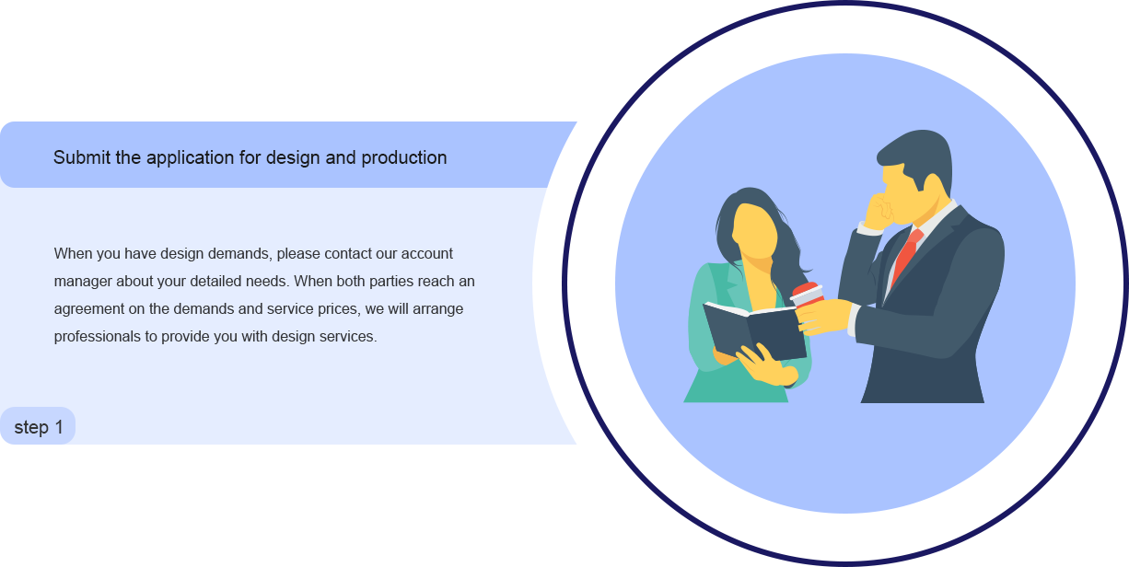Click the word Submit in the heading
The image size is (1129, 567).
pyautogui.click(x=82, y=157)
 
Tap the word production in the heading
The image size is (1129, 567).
pyautogui.click(x=403, y=158)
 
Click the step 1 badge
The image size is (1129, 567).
pyautogui.click(x=38, y=426)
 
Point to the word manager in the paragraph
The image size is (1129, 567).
pyautogui.click(x=83, y=282)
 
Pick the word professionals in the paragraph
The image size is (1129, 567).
pyautogui.click(x=97, y=337)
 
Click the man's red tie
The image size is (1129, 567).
pyautogui.click(x=907, y=256)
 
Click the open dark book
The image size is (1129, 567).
pyautogui.click(x=754, y=330)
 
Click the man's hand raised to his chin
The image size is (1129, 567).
pyautogui.click(x=878, y=211)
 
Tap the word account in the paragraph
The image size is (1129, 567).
pyautogui.click(x=427, y=253)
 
